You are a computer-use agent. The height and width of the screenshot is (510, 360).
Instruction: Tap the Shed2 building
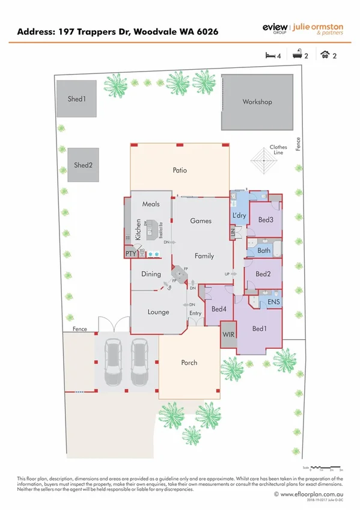pos(83,165)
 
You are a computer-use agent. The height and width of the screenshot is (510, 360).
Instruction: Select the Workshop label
pos(257,102)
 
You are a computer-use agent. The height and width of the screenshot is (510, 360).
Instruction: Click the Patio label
pos(179,170)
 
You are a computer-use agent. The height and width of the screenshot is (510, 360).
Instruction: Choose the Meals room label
pos(151,204)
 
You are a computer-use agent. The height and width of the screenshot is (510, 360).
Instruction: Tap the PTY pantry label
pos(131,254)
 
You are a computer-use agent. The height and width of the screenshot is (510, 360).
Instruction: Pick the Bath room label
pos(264,250)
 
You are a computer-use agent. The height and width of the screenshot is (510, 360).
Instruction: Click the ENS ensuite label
pos(273,301)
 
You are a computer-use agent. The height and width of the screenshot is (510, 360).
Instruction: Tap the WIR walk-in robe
pos(228,334)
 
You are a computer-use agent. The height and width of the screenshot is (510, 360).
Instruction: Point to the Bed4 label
pos(219,310)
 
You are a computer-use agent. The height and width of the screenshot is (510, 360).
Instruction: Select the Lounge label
pos(159,312)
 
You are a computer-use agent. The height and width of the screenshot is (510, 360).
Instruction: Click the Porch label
pos(189,363)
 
